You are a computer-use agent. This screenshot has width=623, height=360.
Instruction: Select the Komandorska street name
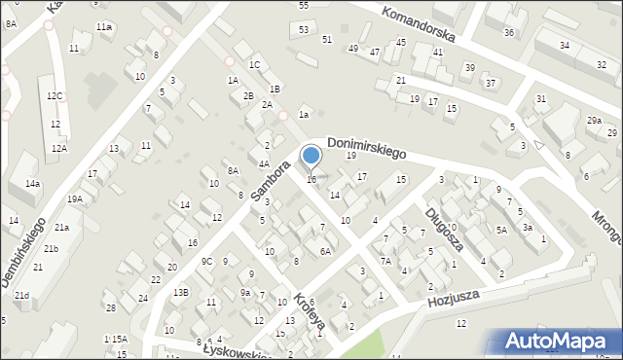tap(418, 29)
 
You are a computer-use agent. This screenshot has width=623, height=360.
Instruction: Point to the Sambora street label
tap(271, 181)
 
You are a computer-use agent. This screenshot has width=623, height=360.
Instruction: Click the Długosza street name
tap(443, 228)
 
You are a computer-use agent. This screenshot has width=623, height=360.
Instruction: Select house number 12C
tap(55, 95)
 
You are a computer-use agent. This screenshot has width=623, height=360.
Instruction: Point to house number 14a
tap(33, 184)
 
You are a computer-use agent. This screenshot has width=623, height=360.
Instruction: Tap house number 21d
tap(21, 295)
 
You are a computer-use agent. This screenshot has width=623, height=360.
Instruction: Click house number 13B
tap(181, 292)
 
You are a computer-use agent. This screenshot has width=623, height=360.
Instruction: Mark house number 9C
tap(206, 261)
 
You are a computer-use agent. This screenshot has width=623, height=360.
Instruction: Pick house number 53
tap(304, 30)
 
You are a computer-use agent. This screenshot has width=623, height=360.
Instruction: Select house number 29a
tap(594, 120)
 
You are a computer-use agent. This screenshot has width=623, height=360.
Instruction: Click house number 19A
tap(74, 198)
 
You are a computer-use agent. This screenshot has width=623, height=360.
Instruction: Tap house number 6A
tap(326, 251)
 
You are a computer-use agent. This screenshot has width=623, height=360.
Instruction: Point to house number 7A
tap(385, 261)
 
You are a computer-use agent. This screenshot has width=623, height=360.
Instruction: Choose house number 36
tap(508, 33)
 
